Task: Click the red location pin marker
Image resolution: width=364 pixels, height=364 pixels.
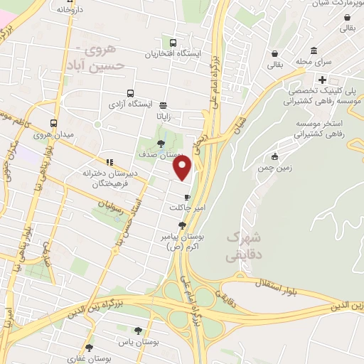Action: coord(183,168)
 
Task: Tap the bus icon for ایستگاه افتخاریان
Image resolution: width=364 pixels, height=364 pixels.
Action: coord(174,42)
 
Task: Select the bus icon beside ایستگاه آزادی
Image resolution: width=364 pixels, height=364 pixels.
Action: coord(130,93)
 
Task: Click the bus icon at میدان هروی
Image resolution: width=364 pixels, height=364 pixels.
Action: coord(54,122)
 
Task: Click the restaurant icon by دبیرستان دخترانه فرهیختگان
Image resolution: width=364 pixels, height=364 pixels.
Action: coord(109,161)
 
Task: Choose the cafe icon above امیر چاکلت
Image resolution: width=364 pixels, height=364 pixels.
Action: coord(187,197)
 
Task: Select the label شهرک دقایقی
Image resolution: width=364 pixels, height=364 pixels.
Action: coord(244,245)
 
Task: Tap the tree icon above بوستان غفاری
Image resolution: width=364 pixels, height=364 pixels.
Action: coord(90,348)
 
